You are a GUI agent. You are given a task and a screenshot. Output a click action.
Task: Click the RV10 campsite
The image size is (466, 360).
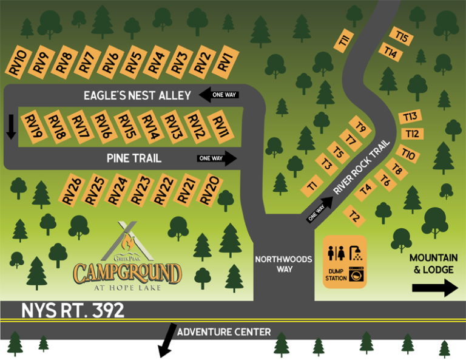pyautogui.click(x=18, y=63)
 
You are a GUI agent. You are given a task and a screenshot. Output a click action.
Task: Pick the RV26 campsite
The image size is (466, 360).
pyautogui.click(x=72, y=190)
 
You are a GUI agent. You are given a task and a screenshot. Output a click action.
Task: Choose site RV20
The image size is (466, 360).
pyautogui.click(x=209, y=190)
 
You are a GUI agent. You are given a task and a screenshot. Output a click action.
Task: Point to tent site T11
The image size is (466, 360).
pyautogui.click(x=344, y=42)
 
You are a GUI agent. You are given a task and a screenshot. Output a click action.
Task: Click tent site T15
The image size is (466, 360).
pyautogui.click(x=401, y=37)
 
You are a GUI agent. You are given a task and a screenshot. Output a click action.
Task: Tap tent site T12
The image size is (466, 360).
pyautogui.click(x=412, y=133)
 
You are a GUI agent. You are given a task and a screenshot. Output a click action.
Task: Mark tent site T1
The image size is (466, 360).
pyautogui.click(x=313, y=185)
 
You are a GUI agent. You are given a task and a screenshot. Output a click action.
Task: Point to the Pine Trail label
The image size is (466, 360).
pyautogui.click(x=134, y=158)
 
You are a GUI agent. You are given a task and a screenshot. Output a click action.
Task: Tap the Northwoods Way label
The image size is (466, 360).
pyautogui.click(x=283, y=264)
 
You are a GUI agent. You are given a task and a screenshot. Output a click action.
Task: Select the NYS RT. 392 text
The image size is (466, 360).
pyautogui.click(x=73, y=311)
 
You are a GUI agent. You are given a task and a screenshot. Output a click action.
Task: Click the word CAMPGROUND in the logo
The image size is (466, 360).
pyautogui.click(x=127, y=273)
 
